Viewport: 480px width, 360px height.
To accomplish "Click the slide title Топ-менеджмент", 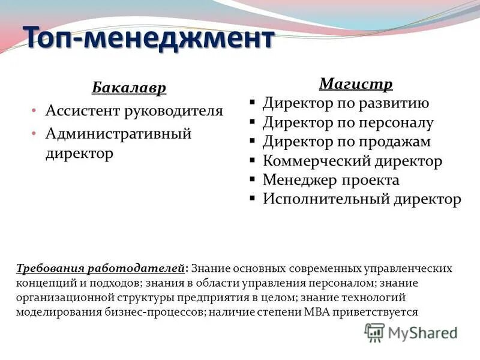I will tap(148, 39).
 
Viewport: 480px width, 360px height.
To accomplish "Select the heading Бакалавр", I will tap(129, 88).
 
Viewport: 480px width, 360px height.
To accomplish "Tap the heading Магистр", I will tap(356, 83).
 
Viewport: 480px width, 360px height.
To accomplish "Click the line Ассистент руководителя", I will tap(134, 110).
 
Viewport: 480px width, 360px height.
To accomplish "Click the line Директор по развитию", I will tap(346, 103).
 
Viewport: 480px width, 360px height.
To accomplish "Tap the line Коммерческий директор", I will tap(352, 161).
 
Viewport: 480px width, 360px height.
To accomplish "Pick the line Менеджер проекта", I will tap(331, 180).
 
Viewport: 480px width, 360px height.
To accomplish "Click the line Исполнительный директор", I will tap(362, 199).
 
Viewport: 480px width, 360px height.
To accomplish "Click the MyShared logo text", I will tap(423, 332).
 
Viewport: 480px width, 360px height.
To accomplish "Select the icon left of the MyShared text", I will tap(374, 332).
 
